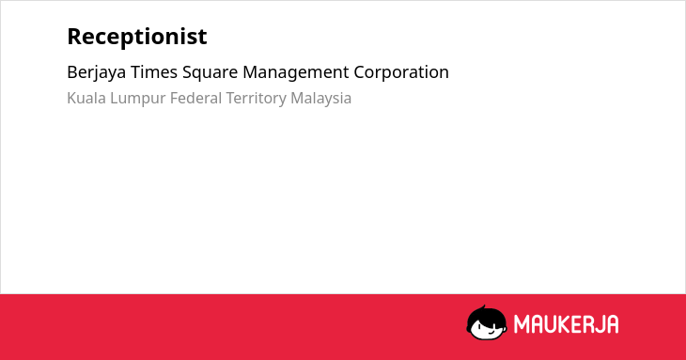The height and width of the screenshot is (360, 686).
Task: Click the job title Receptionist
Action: pos(137,37)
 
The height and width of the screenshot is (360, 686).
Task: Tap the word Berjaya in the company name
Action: pos(96,72)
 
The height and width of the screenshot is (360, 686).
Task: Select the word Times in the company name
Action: pos(154,71)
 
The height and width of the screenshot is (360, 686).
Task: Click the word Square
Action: pos(210,73)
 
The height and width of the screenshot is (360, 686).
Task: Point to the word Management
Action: pos(296,73)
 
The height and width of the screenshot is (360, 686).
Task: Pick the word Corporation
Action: pos(401,73)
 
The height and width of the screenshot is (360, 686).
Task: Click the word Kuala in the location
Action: pos(86,98)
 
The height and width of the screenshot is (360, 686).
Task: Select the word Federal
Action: pos(195,98)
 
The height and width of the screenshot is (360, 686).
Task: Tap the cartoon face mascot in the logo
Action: pos(487,323)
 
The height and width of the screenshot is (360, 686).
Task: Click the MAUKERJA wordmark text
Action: pos(566,324)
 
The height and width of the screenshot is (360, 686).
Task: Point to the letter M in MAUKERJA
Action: pos(522,324)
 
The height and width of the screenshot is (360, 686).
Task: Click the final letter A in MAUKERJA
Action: pos(612,324)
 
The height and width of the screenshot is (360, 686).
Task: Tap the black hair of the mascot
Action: pos(485,316)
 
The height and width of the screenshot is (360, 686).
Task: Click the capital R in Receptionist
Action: pos(75,37)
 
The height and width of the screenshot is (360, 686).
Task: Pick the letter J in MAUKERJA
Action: pos(599,324)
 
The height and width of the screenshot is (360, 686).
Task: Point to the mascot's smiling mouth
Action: pos(491,332)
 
